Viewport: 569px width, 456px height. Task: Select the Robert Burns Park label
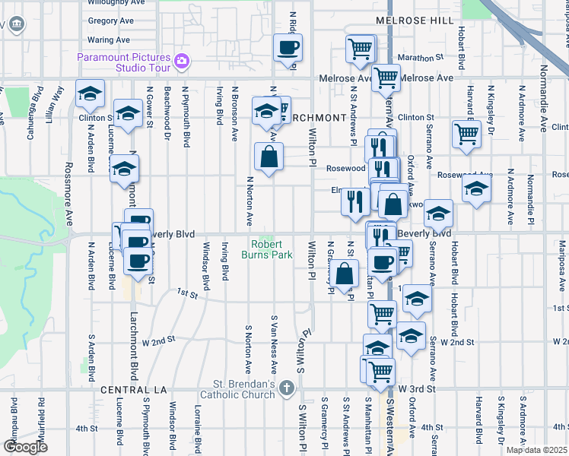coord(272,249)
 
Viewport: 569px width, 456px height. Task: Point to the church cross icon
coord(286,389)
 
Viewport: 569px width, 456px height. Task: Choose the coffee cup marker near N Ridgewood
coord(288,49)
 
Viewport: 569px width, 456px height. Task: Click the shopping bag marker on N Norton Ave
coord(269,157)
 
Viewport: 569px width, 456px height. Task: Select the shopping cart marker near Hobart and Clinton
coord(466,133)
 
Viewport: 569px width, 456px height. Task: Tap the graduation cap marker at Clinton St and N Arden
coord(90,94)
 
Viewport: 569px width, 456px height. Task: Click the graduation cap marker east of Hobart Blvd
coord(476,188)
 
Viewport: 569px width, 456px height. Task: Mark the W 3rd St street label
coord(418,388)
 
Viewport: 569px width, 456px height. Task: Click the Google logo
coord(25,446)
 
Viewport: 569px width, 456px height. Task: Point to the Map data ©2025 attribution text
coord(535,450)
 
